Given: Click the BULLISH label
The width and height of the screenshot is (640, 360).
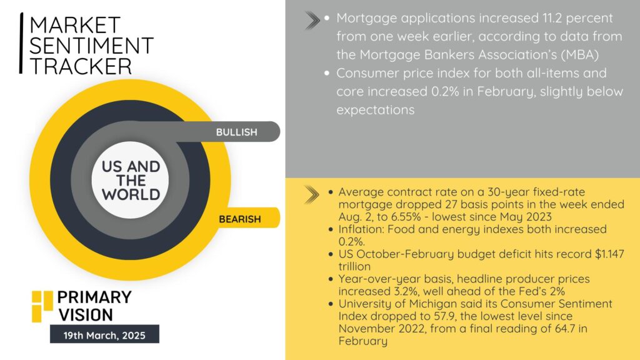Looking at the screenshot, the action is [236, 132].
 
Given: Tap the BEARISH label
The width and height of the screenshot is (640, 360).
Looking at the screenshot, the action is [239, 219].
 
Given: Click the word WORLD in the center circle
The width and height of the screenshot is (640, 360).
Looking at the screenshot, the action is [131, 195].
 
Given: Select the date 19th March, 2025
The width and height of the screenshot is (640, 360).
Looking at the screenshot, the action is [104, 336].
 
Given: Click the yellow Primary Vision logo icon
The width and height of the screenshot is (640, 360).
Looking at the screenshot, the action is [42, 306].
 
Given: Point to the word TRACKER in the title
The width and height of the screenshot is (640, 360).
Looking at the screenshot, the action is [81, 66].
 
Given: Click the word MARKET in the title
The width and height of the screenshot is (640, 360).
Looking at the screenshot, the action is [75, 25].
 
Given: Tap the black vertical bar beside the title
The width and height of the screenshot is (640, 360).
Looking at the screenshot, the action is [21, 43].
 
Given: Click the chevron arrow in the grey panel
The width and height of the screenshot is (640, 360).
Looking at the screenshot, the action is [312, 21].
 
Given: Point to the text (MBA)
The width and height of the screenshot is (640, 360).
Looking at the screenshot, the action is [579, 55].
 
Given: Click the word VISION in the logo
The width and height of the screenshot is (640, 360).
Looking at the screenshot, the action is [86, 315].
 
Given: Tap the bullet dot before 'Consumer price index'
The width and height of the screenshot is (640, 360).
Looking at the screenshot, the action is [327, 74].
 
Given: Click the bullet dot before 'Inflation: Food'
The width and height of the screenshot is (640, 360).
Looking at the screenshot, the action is [331, 229].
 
